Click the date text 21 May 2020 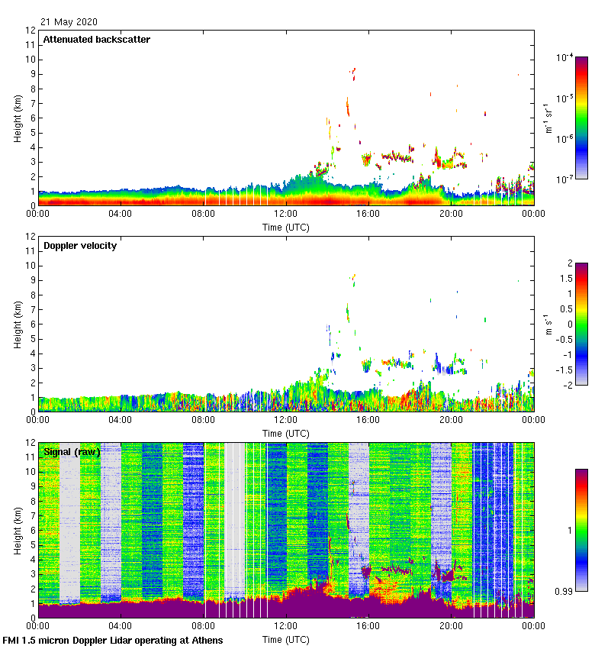[x=69, y=22]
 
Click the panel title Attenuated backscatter [x=97, y=39]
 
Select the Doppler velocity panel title [x=80, y=246]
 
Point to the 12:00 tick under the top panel [x=286, y=215]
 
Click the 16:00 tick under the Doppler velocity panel [x=368, y=420]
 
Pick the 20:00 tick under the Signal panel [x=451, y=626]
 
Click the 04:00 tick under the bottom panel [x=121, y=626]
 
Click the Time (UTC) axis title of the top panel [x=285, y=228]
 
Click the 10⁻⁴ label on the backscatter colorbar [x=565, y=57]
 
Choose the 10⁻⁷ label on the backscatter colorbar [x=565, y=179]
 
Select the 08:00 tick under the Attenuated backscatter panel [x=203, y=215]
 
